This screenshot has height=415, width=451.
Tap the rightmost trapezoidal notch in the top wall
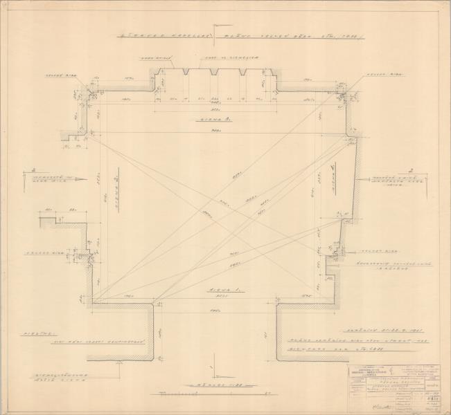[x=244, y=71]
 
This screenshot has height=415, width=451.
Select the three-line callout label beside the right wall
[x=380, y=181]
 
